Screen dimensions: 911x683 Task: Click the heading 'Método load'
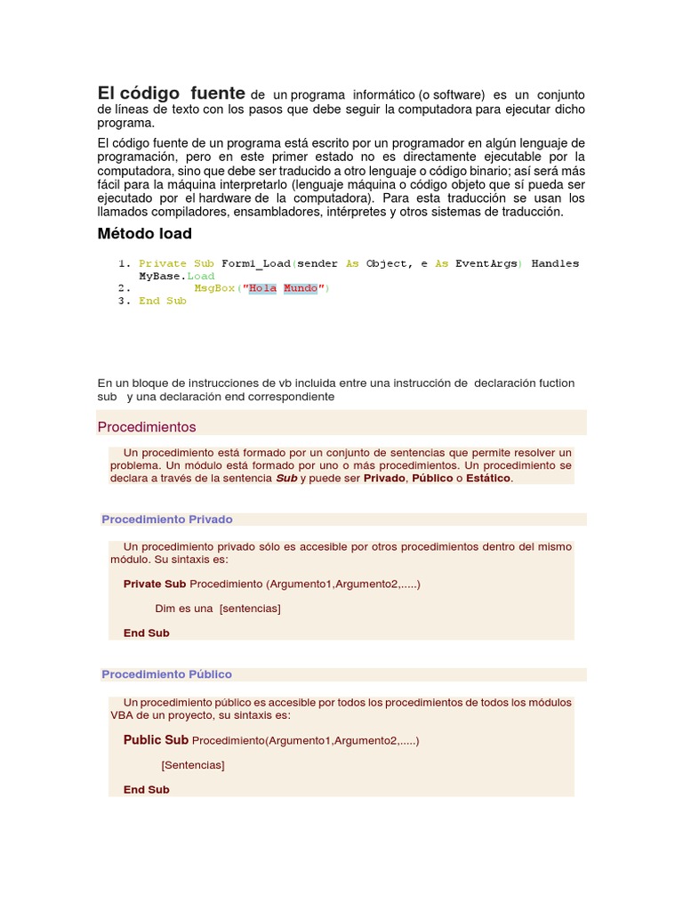144,234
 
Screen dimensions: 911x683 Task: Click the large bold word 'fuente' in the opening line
217,93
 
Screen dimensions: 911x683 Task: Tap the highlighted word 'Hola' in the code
262,288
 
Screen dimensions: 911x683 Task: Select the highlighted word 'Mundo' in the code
301,288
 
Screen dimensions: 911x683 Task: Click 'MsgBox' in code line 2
215,288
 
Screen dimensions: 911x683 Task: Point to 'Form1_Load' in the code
255,263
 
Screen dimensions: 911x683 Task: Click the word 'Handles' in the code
555,263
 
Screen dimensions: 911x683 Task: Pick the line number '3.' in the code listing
125,301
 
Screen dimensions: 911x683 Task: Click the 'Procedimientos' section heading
147,427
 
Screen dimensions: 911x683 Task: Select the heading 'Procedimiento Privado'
167,520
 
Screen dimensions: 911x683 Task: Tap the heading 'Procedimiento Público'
166,674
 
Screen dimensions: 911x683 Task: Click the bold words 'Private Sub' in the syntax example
155,584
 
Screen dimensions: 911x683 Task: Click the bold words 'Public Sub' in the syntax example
156,740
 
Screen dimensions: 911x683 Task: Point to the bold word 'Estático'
489,479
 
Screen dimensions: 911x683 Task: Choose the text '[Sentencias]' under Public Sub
193,765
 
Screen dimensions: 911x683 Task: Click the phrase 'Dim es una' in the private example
184,609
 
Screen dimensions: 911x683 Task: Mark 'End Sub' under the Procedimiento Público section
147,790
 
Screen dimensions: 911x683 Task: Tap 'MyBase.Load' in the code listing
177,276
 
